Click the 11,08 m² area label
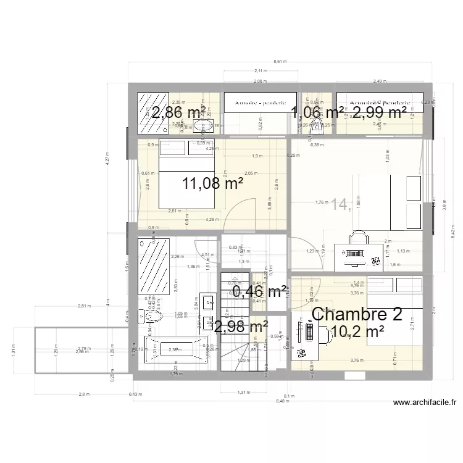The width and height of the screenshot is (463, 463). [213, 183]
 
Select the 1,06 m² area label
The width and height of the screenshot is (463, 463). [317, 112]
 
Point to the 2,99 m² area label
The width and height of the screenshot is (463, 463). [379, 112]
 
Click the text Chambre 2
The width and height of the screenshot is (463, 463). [357, 314]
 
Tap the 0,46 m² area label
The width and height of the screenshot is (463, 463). [259, 291]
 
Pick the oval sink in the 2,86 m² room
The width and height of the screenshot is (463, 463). [202, 127]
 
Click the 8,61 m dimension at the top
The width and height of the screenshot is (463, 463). [280, 62]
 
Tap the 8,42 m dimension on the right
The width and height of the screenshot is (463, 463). [453, 231]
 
